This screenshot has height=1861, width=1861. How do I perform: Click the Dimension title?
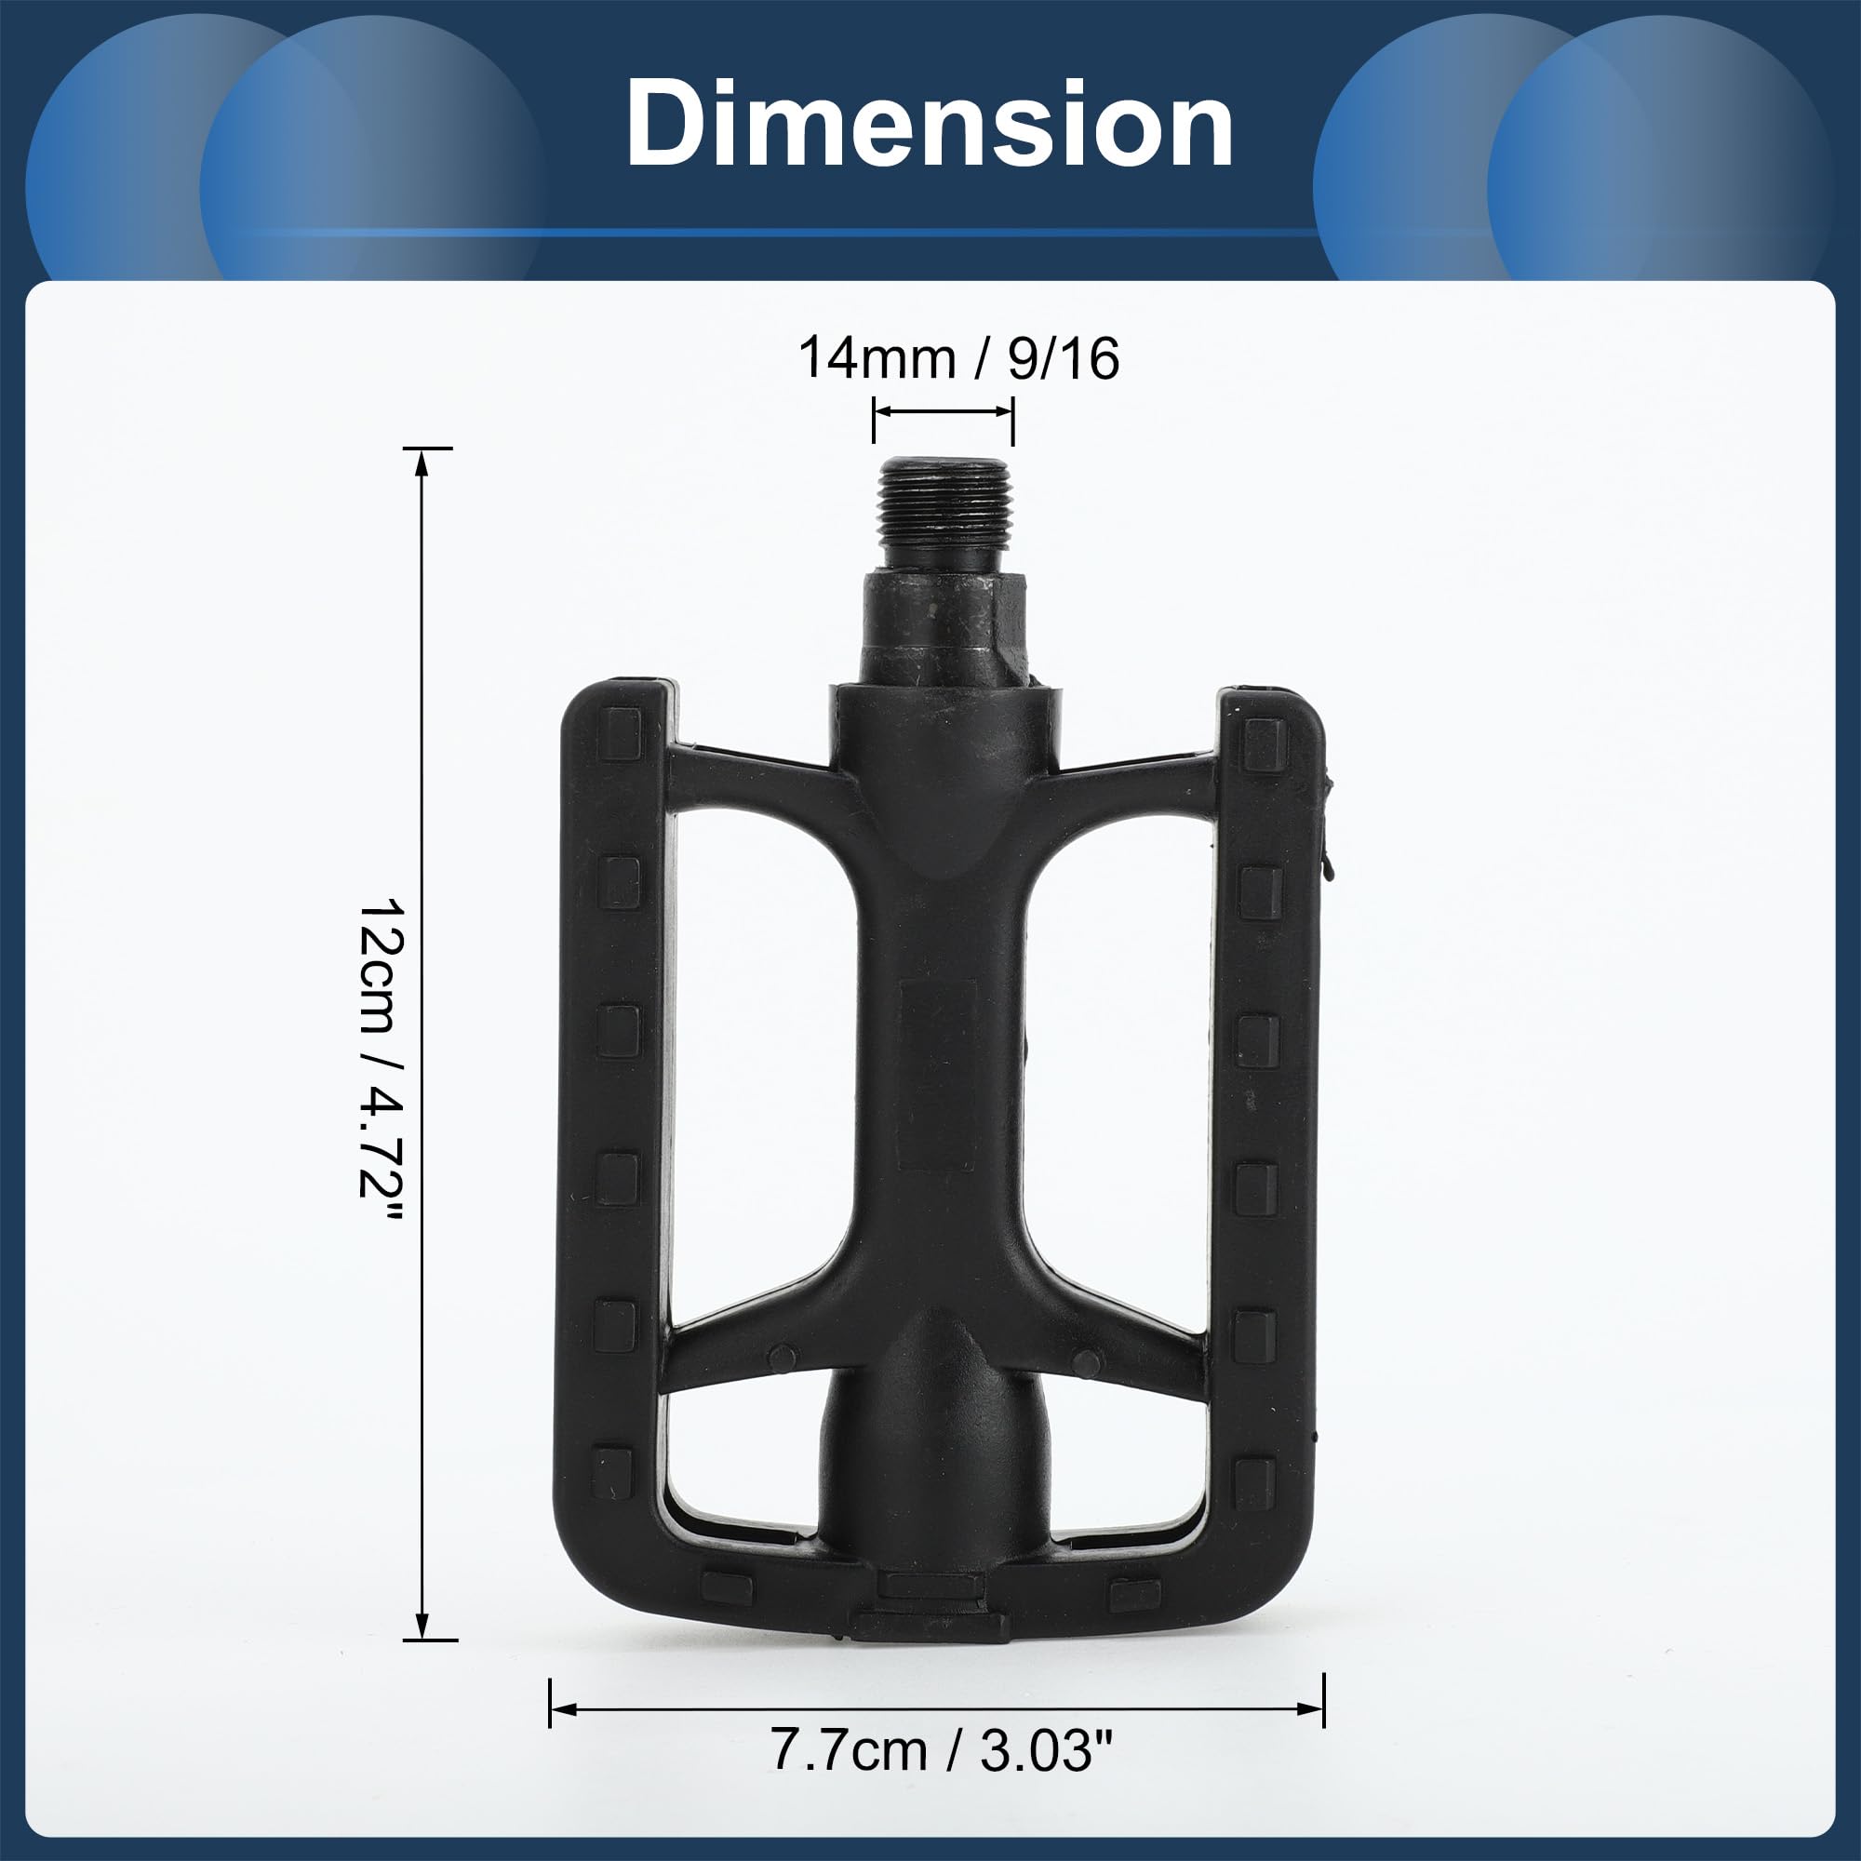click(930, 126)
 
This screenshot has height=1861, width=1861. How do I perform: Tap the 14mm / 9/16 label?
click(958, 358)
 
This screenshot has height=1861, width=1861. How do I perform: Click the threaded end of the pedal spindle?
click(943, 515)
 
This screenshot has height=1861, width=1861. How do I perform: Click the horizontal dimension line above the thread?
click(943, 412)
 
